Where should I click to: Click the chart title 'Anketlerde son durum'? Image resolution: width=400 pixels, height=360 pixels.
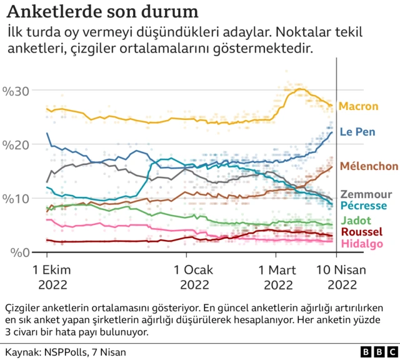[x=103, y=12]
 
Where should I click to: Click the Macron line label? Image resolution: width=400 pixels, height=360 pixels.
[x=358, y=106]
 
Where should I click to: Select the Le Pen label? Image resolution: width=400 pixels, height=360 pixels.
[x=357, y=132]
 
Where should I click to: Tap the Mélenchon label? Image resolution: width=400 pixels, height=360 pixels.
[x=369, y=166]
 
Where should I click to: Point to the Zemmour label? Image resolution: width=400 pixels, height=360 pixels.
[x=366, y=194]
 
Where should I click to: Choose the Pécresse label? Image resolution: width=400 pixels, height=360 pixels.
[x=364, y=206]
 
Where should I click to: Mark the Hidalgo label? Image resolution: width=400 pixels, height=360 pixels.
[x=361, y=243]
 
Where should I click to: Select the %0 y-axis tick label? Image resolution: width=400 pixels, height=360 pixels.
[x=19, y=252]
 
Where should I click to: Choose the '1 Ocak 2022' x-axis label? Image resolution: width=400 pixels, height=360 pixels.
[x=186, y=277]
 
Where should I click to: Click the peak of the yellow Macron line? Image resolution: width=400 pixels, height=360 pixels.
[x=300, y=89]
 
